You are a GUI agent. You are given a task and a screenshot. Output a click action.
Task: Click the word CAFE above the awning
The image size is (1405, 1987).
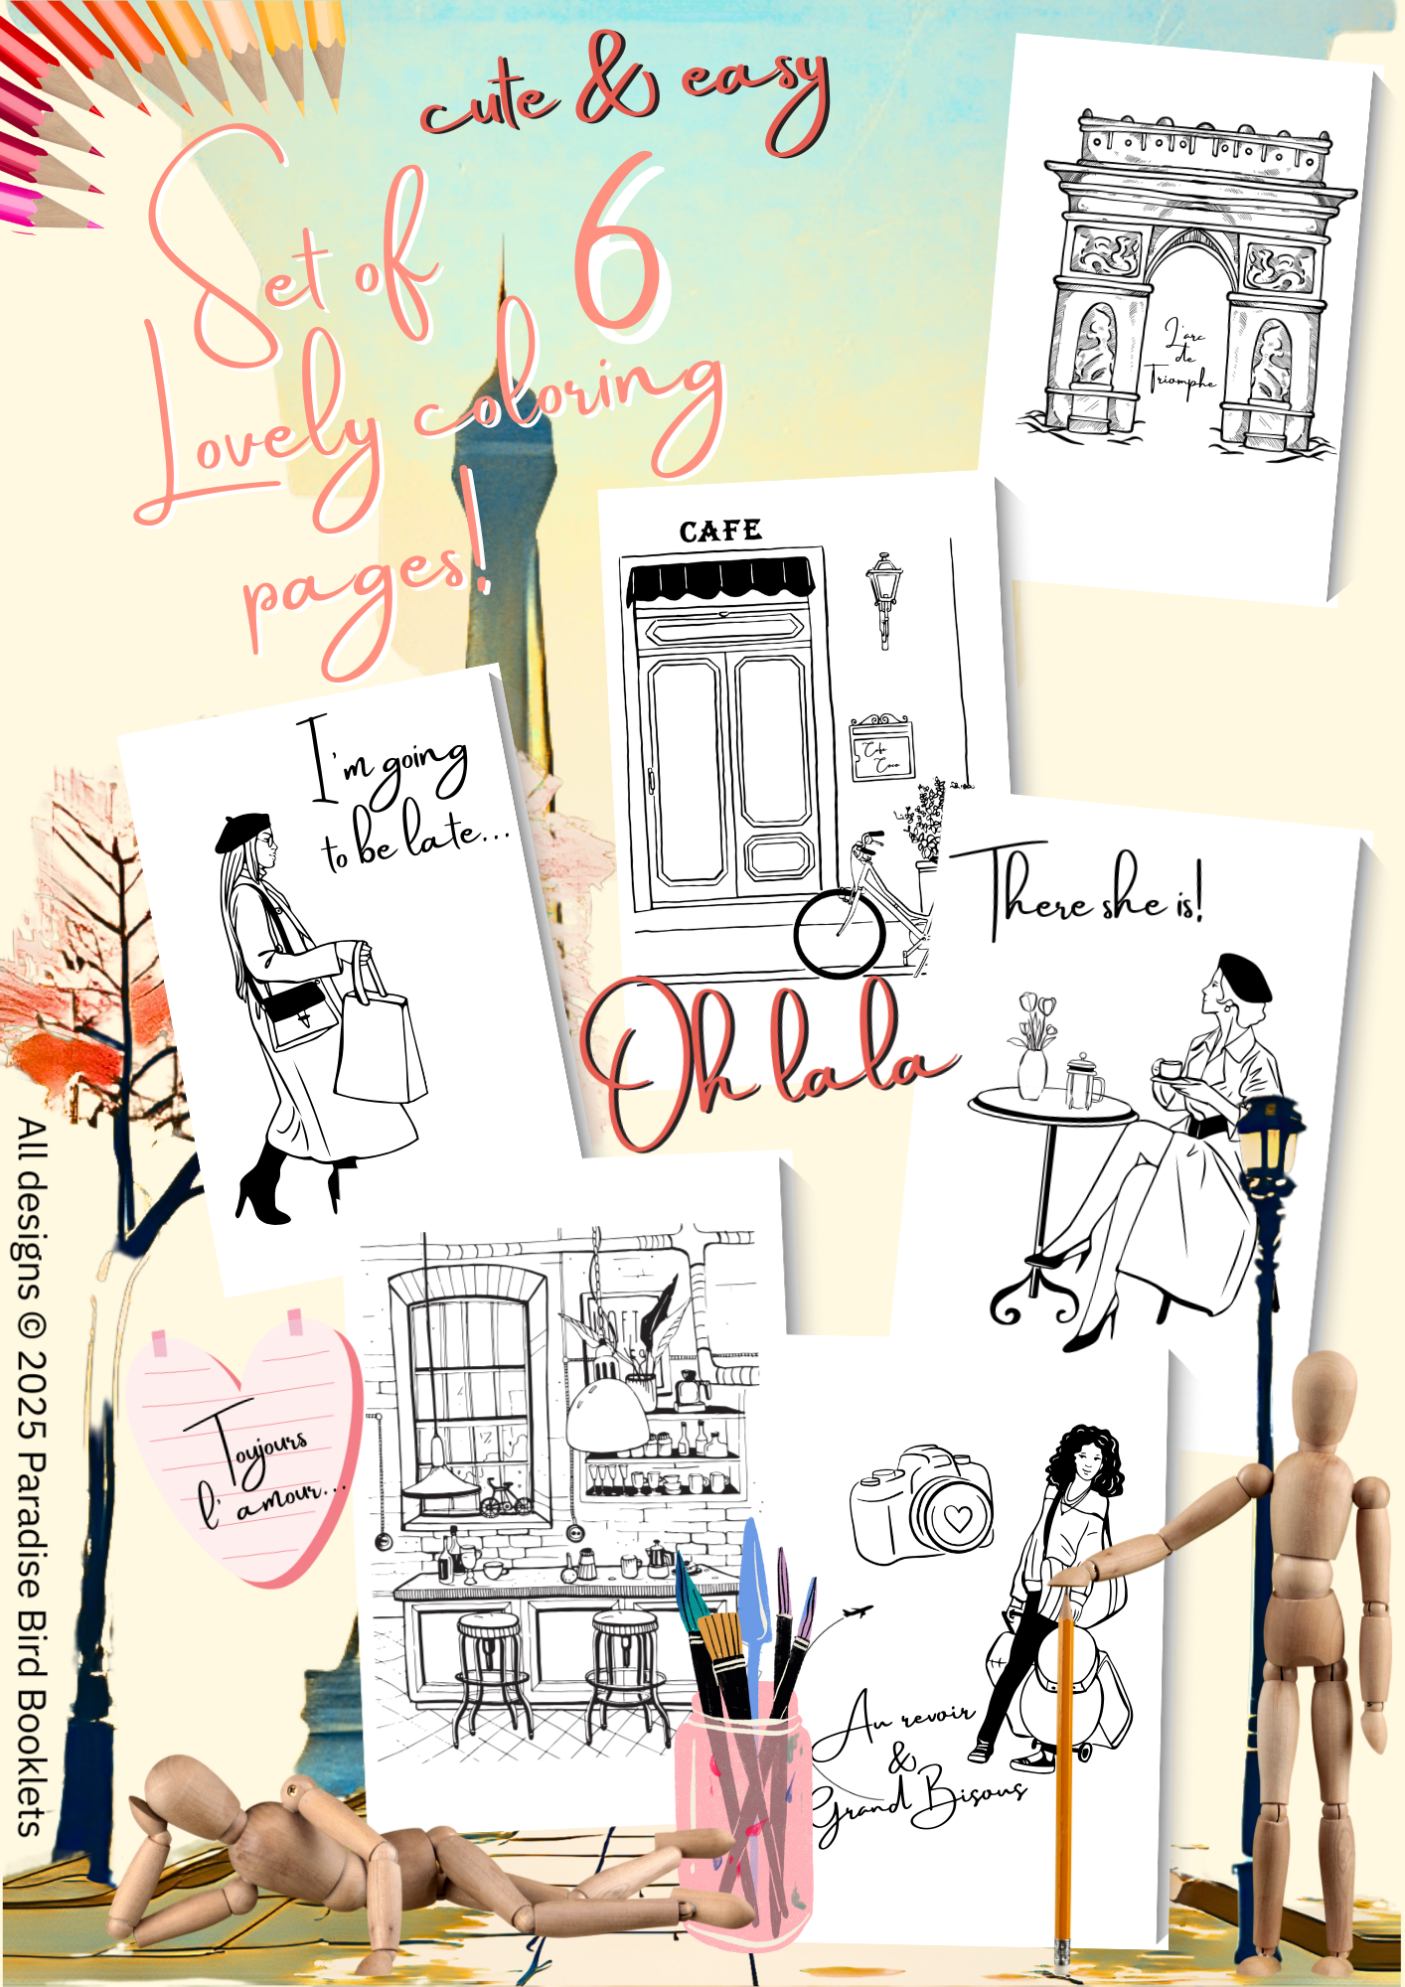pyautogui.click(x=720, y=532)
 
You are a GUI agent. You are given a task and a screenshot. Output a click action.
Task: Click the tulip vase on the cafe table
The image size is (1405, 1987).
pyautogui.click(x=1032, y=1070)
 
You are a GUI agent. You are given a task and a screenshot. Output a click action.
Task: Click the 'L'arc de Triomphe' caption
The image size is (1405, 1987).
pyautogui.click(x=1182, y=356)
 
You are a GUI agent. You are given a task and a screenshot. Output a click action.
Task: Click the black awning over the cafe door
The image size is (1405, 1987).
pyautogui.click(x=721, y=579)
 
